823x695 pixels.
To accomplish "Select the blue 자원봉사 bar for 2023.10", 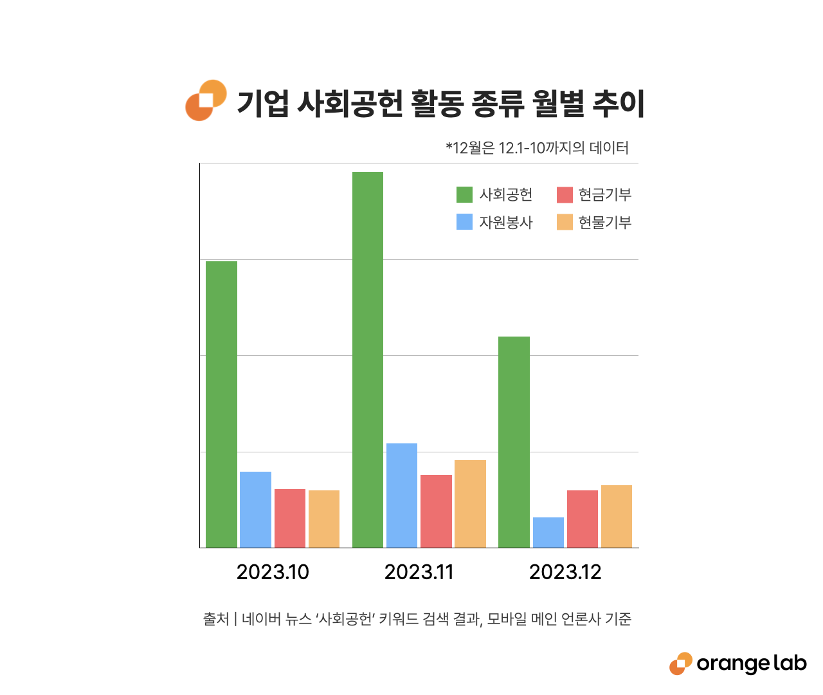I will tap(255, 510).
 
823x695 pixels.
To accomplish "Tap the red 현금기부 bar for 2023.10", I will tap(290, 518).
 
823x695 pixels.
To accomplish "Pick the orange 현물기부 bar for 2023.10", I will tap(324, 519).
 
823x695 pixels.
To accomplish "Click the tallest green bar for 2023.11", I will tap(368, 360).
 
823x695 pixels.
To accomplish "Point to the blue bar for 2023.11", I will tap(402, 496).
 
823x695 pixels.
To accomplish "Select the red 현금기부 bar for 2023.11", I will tap(436, 511).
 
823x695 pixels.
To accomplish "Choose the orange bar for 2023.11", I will tap(470, 504).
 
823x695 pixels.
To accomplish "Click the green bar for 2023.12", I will tap(514, 442).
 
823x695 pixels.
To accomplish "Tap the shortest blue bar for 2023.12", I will tap(548, 532).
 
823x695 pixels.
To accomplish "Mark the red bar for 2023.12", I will tap(583, 519).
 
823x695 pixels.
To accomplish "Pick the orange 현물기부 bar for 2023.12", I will tap(617, 516).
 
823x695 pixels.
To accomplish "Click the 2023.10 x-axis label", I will tap(273, 572).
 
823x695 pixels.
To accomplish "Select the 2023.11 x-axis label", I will tap(419, 572).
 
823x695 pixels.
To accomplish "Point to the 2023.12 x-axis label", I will tap(565, 572).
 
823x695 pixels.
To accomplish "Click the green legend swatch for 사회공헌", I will tap(464, 194).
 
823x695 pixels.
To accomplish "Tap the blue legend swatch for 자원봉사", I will tap(464, 222).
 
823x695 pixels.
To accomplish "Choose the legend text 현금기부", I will tap(604, 194).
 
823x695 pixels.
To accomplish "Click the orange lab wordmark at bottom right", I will tap(750, 663).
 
